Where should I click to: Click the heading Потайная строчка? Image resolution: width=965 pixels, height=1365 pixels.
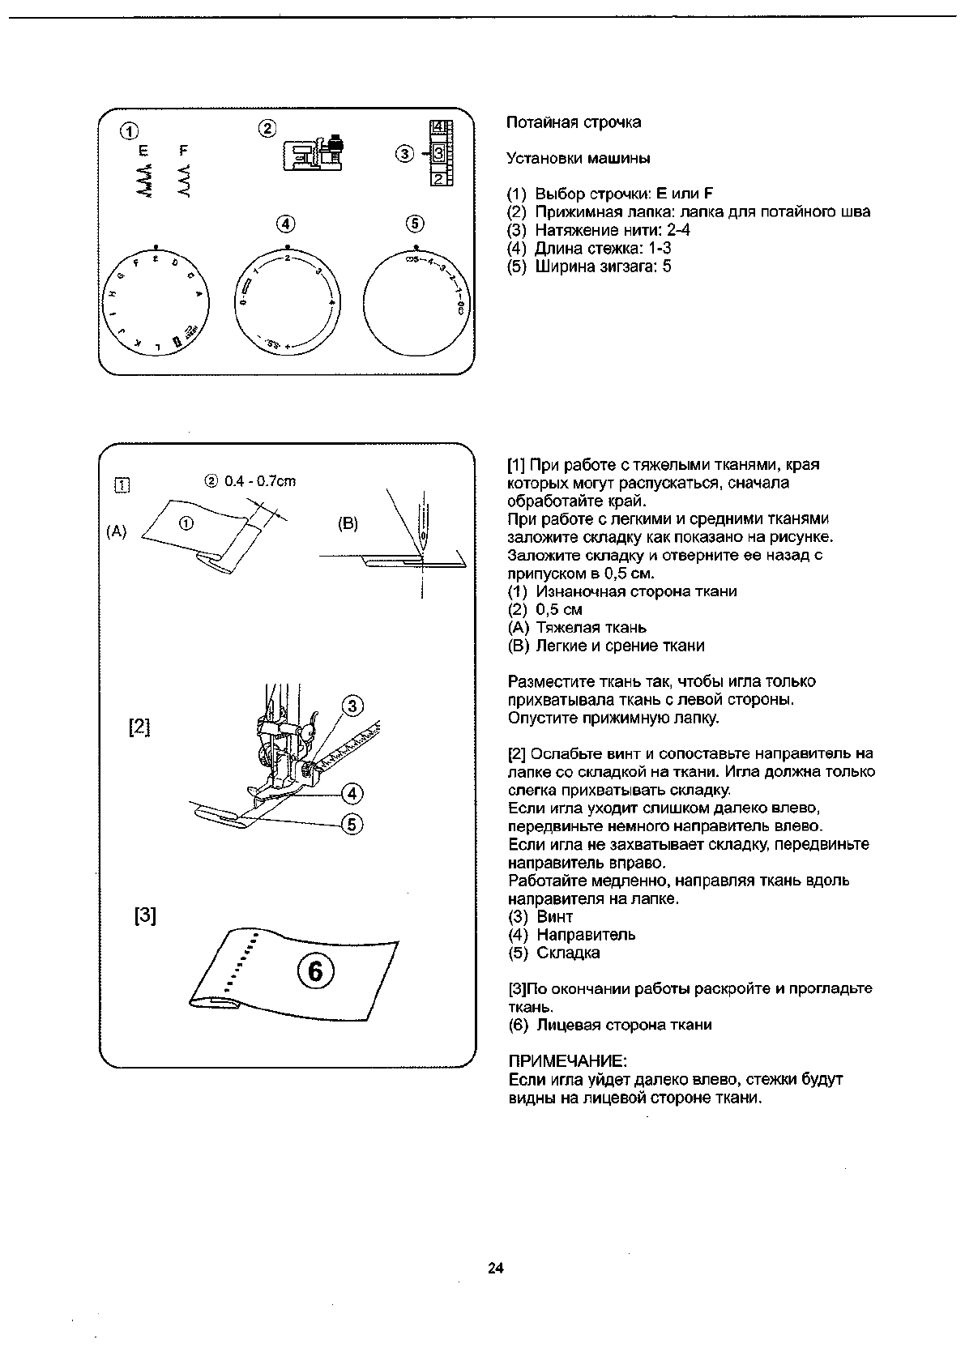point(573,122)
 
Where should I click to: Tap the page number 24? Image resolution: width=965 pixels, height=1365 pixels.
point(496,1268)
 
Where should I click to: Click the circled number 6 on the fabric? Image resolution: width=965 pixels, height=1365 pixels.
point(315,970)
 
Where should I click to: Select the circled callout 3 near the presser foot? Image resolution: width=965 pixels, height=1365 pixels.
point(353,706)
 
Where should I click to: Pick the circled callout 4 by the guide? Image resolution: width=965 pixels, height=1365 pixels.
point(352,792)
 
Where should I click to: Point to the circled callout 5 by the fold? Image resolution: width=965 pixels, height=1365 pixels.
point(352,825)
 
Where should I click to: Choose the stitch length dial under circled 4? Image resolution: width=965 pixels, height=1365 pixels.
point(287,301)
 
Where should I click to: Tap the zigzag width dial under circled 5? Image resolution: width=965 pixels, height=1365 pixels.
point(415,301)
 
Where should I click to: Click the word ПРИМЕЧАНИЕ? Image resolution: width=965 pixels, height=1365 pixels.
point(567,1061)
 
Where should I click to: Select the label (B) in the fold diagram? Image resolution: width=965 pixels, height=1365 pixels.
point(348,523)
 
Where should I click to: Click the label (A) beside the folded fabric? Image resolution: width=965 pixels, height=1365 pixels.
point(117,531)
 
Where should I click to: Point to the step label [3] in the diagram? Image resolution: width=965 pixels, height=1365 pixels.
point(145,916)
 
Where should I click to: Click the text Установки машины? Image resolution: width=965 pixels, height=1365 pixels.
point(578,158)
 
